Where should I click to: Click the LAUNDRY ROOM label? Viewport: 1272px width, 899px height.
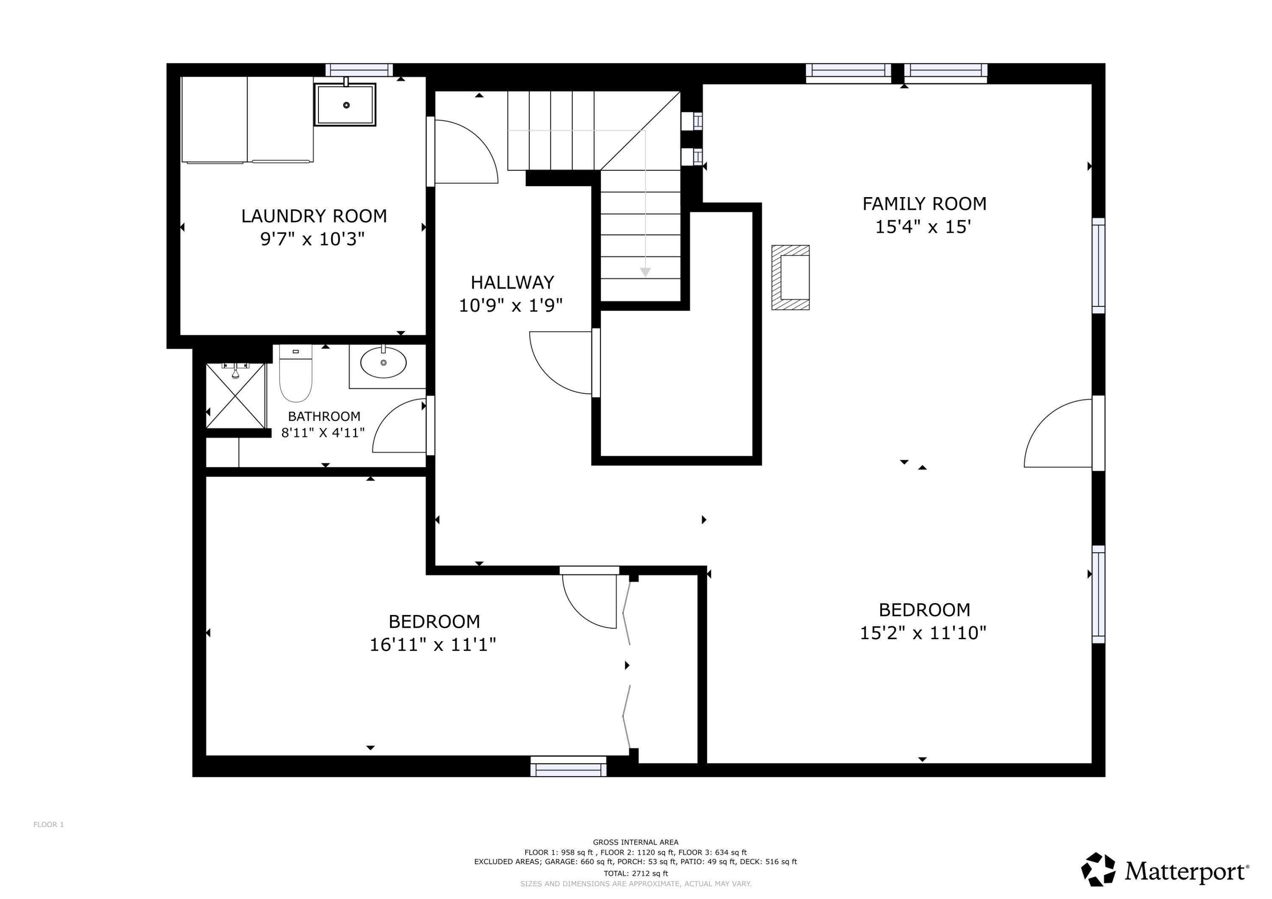pos(314,216)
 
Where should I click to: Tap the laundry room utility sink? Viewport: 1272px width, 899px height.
pos(345,104)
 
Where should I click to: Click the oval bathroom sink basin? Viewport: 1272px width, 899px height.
pos(383,363)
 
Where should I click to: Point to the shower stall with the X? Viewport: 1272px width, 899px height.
pos(235,395)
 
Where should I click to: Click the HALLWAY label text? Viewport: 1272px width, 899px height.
pos(512,282)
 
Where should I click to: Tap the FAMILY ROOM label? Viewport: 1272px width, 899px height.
pos(924,204)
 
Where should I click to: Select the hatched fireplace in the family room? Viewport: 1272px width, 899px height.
pos(791,278)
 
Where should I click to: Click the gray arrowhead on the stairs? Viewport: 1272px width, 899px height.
pos(645,272)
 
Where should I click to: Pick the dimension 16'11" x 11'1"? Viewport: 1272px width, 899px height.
pos(432,645)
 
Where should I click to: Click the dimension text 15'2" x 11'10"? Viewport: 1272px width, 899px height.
pos(923,632)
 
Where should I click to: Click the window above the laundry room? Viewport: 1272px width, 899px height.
pos(359,70)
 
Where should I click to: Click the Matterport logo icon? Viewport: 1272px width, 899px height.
pos(1099,869)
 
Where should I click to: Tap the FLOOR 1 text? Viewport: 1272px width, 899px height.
pos(49,825)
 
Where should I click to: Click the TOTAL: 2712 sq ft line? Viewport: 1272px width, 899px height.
pos(636,874)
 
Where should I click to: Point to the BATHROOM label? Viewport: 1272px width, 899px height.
pos(324,416)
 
